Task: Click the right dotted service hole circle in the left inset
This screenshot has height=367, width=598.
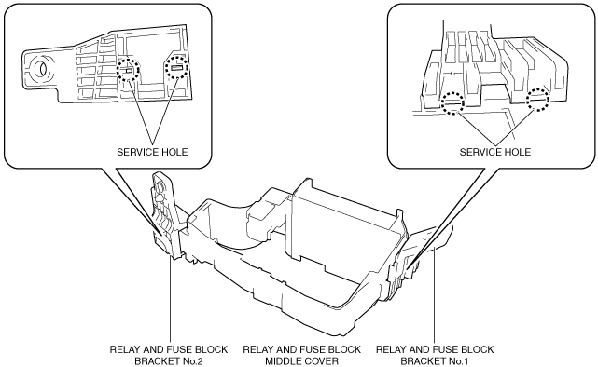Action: [x=177, y=56]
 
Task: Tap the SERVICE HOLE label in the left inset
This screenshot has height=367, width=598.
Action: [x=152, y=152]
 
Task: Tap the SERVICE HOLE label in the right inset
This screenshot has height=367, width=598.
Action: [x=495, y=152]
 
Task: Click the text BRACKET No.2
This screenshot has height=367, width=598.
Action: [x=168, y=360]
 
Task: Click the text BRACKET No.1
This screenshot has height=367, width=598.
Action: [x=435, y=360]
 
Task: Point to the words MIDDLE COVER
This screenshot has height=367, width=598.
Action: [x=301, y=360]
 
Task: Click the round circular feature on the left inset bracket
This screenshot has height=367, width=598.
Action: [x=38, y=69]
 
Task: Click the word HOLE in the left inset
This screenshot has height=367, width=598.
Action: [x=174, y=152]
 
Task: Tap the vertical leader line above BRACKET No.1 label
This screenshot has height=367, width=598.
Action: [x=435, y=294]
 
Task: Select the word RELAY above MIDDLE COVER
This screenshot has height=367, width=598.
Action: [x=257, y=349]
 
